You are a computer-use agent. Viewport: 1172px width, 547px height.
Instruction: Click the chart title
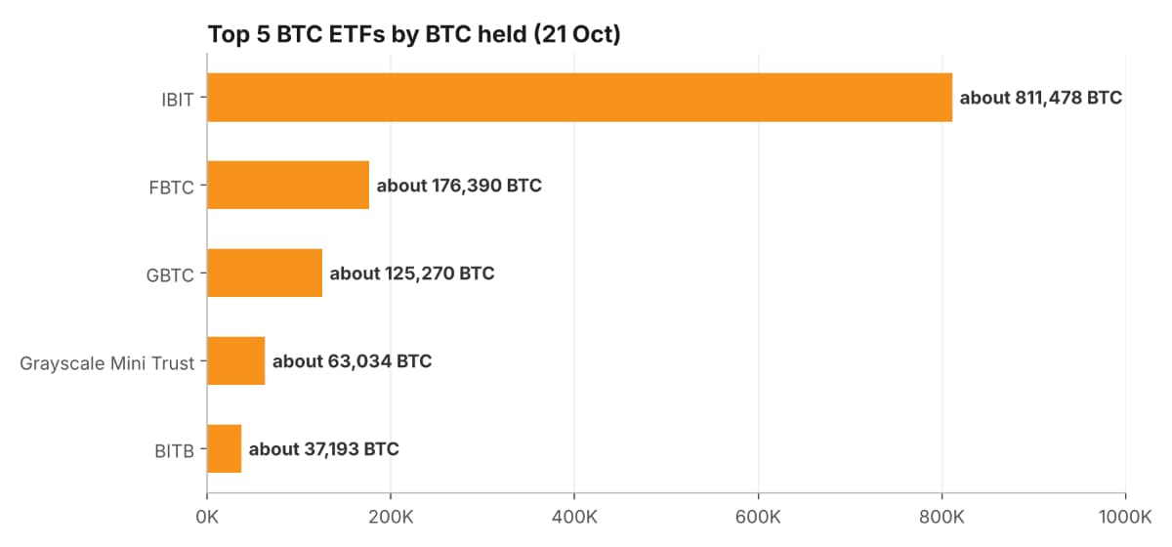tap(414, 34)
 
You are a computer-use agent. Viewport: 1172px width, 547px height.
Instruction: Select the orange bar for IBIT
tap(580, 98)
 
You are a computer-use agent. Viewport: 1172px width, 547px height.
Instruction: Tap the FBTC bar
tap(288, 185)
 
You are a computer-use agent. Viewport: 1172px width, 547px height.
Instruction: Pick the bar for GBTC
tap(265, 273)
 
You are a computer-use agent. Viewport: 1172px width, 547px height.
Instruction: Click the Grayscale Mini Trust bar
tap(236, 360)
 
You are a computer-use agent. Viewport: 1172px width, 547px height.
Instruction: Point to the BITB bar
tap(225, 448)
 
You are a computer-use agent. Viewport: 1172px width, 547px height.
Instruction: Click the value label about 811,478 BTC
tap(1041, 98)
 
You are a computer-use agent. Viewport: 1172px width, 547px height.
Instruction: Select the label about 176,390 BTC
tap(459, 186)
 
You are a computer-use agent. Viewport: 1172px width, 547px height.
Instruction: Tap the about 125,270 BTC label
tap(412, 273)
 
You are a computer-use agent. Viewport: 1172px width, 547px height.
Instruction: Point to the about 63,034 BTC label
tap(353, 361)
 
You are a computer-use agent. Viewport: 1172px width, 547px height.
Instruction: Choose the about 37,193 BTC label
tap(324, 449)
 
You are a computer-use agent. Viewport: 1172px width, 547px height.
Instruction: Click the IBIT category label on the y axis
tap(178, 100)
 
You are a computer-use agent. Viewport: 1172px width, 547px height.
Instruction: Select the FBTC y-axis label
tap(171, 188)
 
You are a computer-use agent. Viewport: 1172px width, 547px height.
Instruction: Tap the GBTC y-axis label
tap(170, 275)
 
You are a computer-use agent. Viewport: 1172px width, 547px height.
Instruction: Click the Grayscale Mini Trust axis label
tap(106, 363)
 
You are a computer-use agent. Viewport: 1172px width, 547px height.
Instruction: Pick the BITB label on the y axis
tap(174, 451)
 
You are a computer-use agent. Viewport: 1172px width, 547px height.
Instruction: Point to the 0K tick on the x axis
tap(207, 517)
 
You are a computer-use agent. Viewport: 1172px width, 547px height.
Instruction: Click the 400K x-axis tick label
tap(574, 517)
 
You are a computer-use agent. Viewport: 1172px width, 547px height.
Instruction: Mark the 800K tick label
tap(942, 517)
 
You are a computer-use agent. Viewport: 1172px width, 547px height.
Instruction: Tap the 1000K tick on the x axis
tap(1125, 517)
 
